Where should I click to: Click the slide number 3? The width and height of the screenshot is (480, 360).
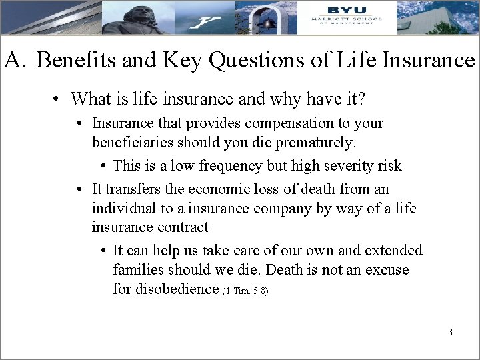[451, 331]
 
